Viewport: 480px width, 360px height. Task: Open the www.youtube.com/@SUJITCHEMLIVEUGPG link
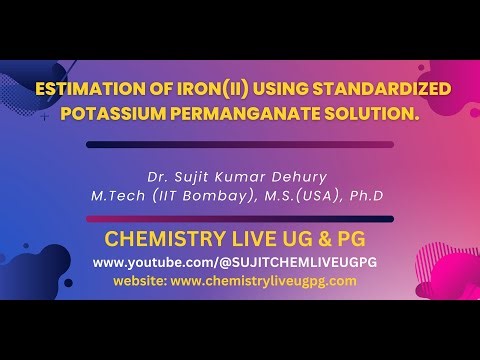(240, 262)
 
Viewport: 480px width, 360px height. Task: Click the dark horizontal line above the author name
(239, 144)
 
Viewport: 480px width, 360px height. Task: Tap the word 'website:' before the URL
(139, 281)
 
